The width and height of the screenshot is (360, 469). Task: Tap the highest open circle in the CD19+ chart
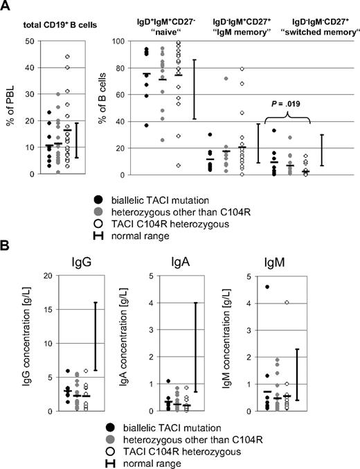[x=67, y=57]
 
